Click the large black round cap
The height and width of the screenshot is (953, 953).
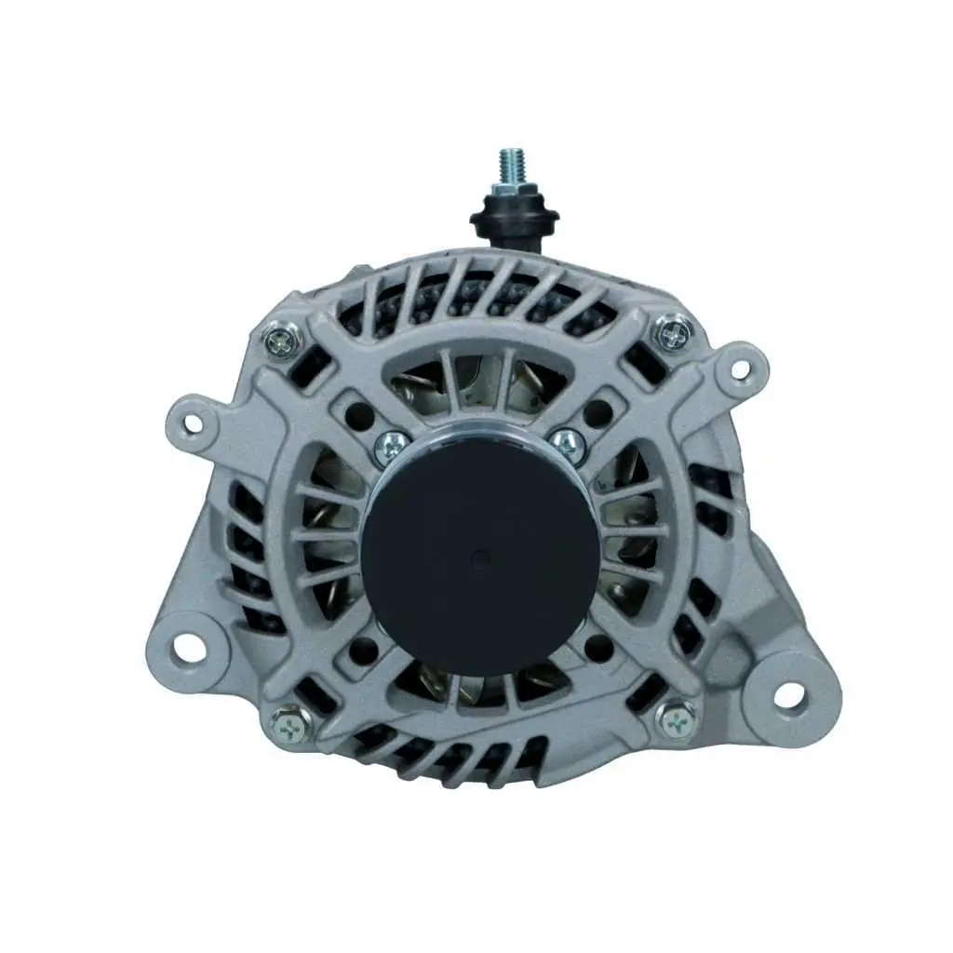[480, 550]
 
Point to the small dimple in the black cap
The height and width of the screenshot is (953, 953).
[478, 557]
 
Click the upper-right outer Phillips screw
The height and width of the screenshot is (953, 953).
[673, 331]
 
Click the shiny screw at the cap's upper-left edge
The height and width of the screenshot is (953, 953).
[392, 448]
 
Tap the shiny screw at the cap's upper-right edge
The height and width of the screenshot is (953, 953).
[564, 440]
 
